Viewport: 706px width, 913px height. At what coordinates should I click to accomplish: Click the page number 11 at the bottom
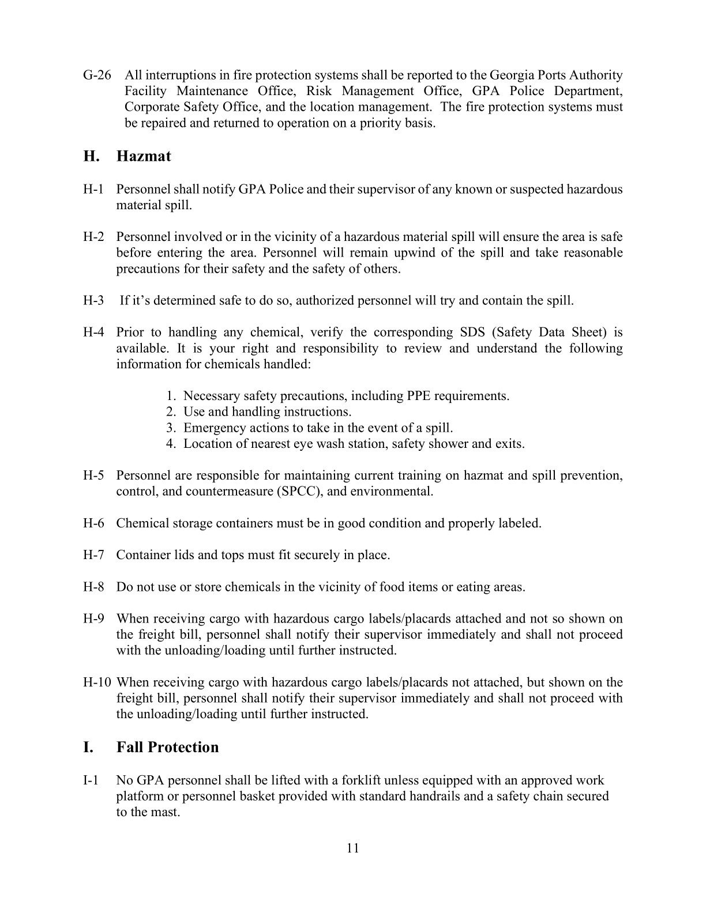(x=353, y=848)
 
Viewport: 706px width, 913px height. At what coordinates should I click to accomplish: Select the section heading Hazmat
(x=144, y=156)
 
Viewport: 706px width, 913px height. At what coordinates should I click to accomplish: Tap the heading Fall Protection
(x=167, y=747)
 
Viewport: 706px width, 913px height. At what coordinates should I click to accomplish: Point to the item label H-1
(x=93, y=190)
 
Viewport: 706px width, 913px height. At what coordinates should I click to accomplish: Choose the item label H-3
(x=93, y=301)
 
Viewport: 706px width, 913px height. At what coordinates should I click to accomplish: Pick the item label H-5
(x=93, y=476)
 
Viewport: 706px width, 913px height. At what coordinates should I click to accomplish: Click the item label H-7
(x=93, y=555)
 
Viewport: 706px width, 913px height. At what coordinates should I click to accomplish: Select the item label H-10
(x=97, y=682)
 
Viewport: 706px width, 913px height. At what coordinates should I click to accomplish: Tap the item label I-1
(x=91, y=780)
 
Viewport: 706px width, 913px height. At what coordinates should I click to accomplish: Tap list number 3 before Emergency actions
(x=171, y=428)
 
